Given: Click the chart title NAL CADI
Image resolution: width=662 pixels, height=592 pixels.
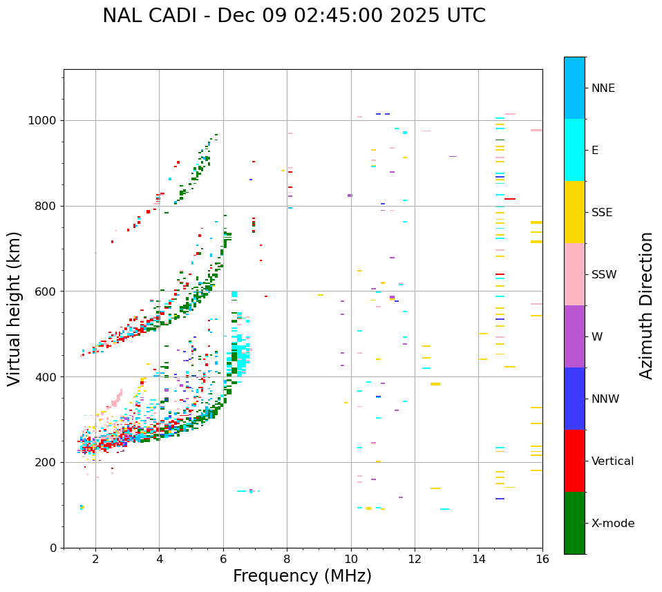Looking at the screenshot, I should pos(294,16).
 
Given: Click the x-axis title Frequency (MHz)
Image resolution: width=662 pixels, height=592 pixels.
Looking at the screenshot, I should pos(302,576).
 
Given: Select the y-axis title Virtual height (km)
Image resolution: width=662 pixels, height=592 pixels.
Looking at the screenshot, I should pos(15,308).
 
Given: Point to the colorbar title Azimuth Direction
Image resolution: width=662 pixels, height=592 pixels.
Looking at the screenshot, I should pos(646,305).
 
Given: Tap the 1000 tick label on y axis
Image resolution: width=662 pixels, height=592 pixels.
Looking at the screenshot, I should pos(43,120).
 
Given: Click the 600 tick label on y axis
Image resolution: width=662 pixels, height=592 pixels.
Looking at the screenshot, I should pos(46,292).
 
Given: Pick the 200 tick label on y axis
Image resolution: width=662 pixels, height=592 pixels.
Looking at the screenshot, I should pos(46,462).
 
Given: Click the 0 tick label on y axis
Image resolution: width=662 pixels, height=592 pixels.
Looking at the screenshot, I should pos(53,548).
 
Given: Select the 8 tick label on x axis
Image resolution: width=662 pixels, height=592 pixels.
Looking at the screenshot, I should pos(287,559).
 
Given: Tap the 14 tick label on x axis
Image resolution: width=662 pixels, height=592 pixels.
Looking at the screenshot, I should pos(478,559).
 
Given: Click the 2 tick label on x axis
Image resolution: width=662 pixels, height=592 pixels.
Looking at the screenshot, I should pos(95,559).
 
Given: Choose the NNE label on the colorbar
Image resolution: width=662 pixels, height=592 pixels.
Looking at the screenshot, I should pos(603,88).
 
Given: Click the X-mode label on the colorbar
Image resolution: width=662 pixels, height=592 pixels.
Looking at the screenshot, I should pos(613,524).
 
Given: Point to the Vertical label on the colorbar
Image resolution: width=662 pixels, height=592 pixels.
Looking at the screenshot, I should pos(612,461).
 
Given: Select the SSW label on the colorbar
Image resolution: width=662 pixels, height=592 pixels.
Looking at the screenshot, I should pos(604,275).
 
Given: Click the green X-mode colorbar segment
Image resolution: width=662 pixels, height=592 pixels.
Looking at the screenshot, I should pos(574,523).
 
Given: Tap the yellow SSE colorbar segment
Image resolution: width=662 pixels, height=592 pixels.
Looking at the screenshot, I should pos(574,212).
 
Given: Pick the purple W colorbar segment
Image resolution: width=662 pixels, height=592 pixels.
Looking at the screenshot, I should pos(574,336).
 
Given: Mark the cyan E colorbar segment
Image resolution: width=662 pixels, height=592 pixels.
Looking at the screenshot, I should pos(574,150).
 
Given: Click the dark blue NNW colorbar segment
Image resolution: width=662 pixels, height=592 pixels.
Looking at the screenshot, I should pos(574,399).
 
